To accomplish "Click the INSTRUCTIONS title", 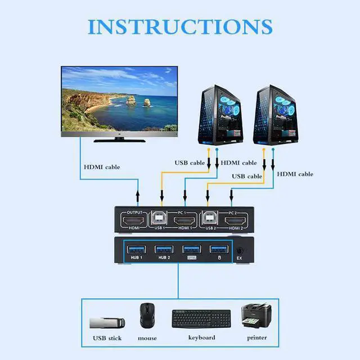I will coord(180,27).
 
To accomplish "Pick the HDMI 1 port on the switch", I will coord(185,220).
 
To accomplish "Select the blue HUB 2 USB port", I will coord(164,249).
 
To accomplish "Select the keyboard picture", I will coord(201,318).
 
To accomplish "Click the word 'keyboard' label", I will coord(201,337).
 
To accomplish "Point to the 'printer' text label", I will coord(256,337).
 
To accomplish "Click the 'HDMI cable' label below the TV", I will coord(102,166).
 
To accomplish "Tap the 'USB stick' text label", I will coord(107,338).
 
